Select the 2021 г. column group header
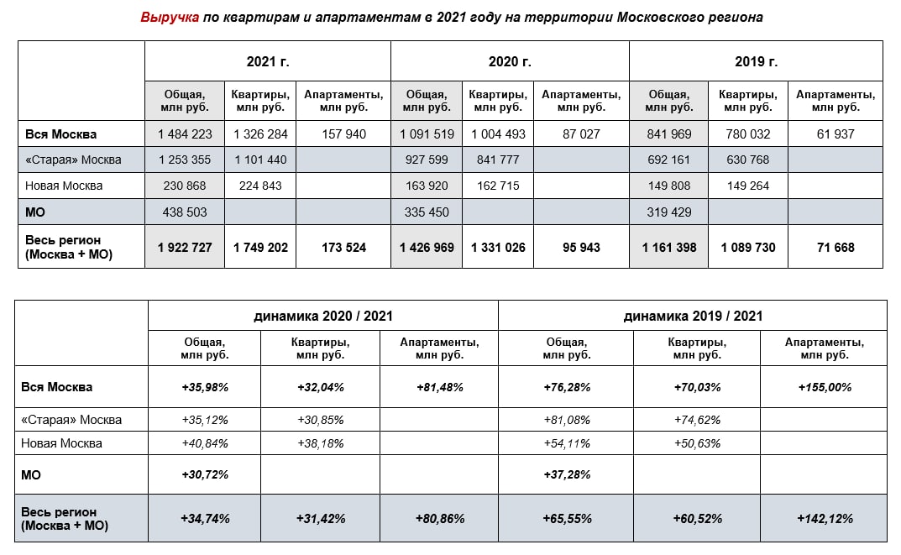pyautogui.click(x=268, y=61)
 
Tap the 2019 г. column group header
pyautogui.click(x=756, y=61)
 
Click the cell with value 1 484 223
pyautogui.click(x=185, y=134)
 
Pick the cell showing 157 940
pyautogui.click(x=344, y=134)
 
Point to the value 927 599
pyautogui.click(x=427, y=160)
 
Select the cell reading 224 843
pyautogui.click(x=260, y=186)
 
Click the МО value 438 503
pyautogui.click(x=185, y=212)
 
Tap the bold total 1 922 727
pyautogui.click(x=185, y=247)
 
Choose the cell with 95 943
pyautogui.click(x=581, y=247)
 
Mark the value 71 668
pyautogui.click(x=835, y=247)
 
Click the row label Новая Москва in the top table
pyautogui.click(x=64, y=186)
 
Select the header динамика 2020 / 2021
pyautogui.click(x=323, y=316)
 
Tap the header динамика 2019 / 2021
pyautogui.click(x=693, y=316)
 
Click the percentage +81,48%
pyautogui.click(x=439, y=388)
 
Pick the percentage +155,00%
pyautogui.click(x=824, y=388)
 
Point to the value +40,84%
pyautogui.click(x=205, y=443)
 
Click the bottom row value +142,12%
pyautogui.click(x=824, y=519)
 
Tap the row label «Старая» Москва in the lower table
pyautogui.click(x=71, y=420)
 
